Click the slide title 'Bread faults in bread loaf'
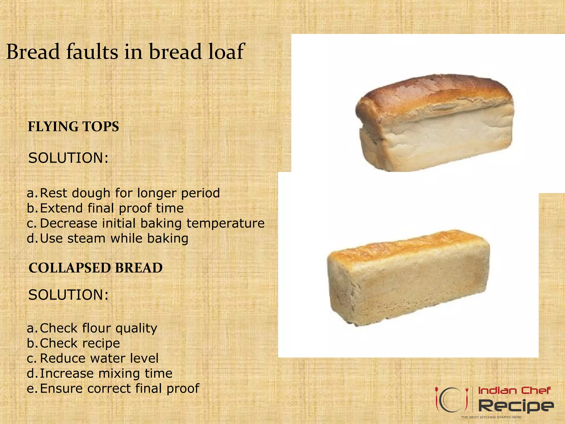point(126,52)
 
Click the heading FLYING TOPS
point(73,127)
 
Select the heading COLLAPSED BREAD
point(95,268)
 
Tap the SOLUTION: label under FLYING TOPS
point(68,158)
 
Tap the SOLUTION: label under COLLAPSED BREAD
point(68,295)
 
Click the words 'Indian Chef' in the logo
point(514,391)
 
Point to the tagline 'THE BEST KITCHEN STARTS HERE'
point(491,417)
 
